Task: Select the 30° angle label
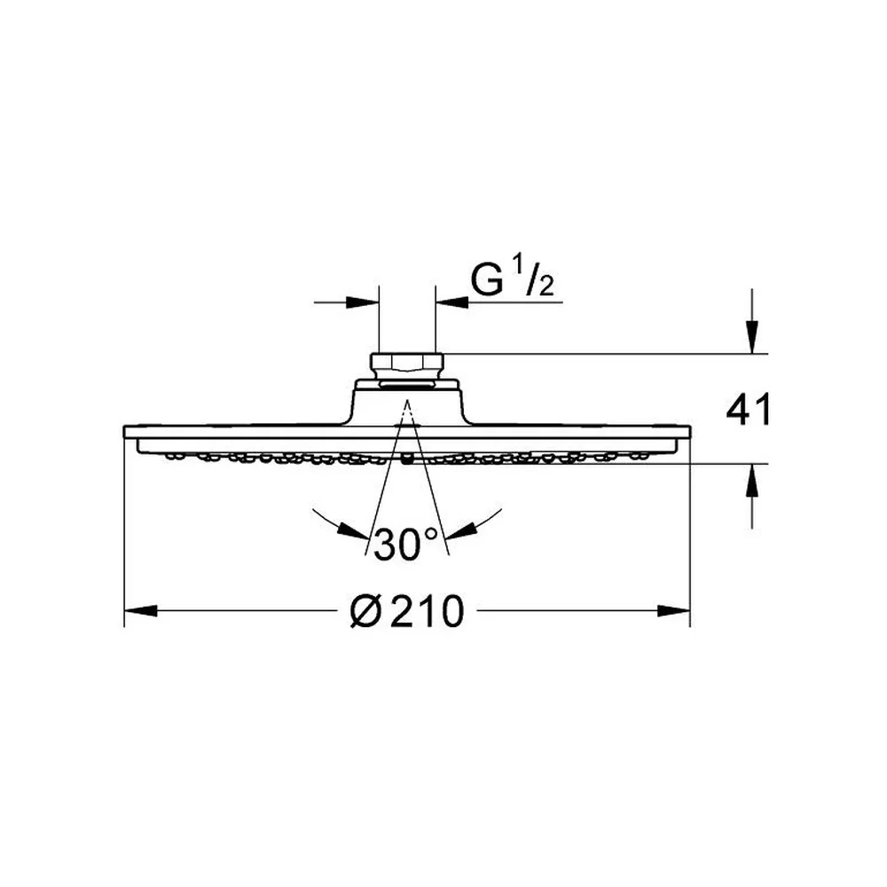[x=405, y=545]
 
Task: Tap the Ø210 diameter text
[x=407, y=611]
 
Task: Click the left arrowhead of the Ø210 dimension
[x=140, y=611]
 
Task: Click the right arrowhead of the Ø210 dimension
[x=674, y=611]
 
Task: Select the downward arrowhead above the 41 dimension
[x=752, y=337]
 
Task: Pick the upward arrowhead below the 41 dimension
[x=752, y=480]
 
